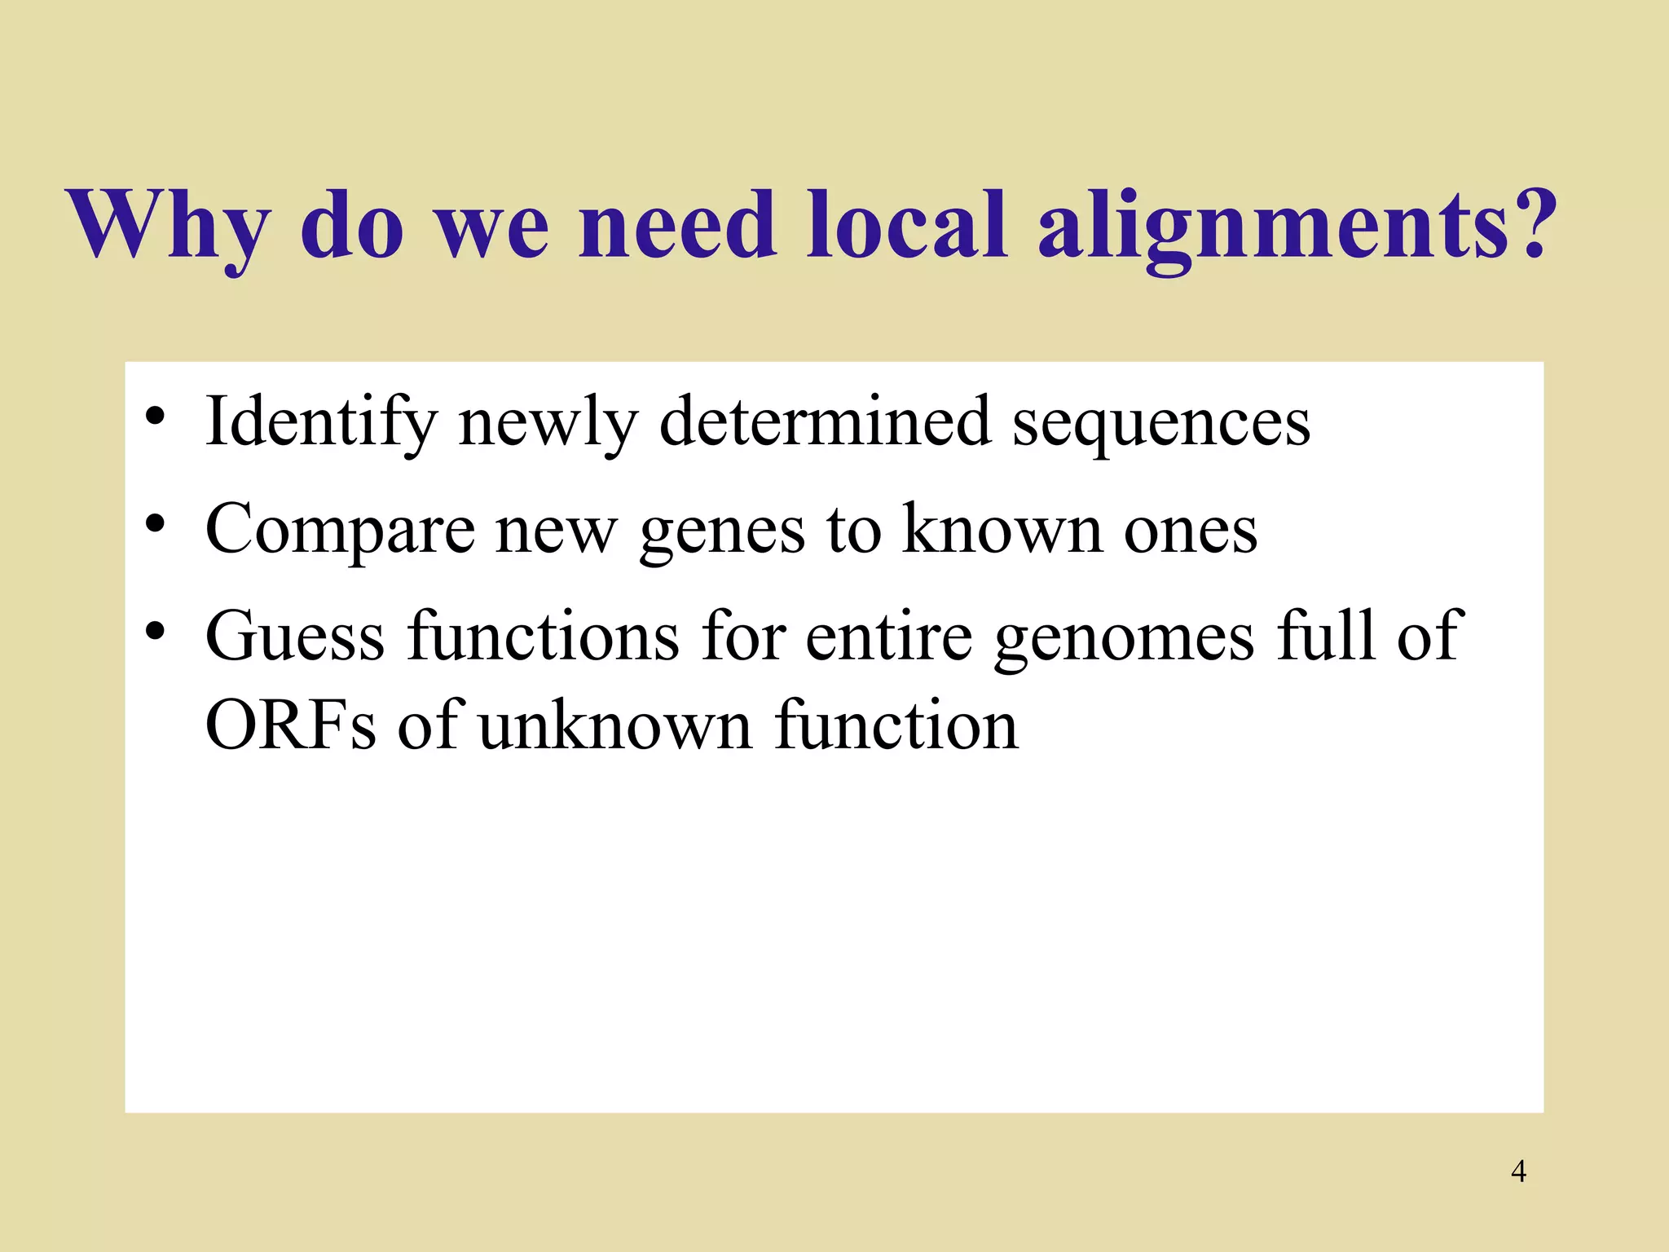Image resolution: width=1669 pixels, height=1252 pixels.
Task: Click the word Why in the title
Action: pos(170,225)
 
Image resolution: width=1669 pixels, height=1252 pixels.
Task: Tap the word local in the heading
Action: pos(906,225)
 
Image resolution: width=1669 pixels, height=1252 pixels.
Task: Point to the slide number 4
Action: pos(1518,1171)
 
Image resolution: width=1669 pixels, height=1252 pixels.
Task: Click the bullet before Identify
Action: pos(155,417)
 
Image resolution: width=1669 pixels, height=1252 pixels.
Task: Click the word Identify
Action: pos(321,422)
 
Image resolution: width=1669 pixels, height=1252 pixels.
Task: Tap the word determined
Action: pos(824,422)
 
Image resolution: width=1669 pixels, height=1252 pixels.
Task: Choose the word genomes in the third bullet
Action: pos(1124,640)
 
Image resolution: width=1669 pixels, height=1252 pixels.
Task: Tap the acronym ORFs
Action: pos(290,725)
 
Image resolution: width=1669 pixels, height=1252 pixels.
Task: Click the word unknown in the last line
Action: pos(614,725)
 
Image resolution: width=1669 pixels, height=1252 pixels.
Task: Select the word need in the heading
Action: pos(676,225)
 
